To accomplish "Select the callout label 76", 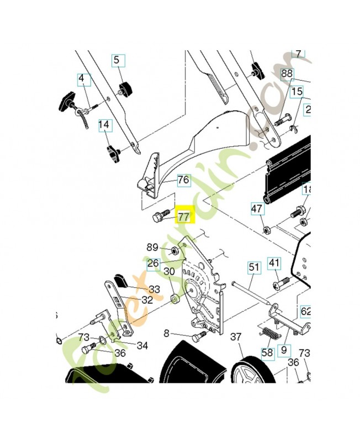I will coord(183,180).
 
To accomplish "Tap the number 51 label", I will coord(253,267).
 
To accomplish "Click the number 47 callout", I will coord(257,209).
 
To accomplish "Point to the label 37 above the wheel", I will coord(236,336).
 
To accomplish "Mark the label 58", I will coord(267,352).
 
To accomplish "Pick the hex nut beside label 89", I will coord(173,251).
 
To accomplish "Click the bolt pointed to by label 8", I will coord(198,335).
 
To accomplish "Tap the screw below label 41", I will coord(282,283).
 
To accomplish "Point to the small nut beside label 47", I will coord(266,229).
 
